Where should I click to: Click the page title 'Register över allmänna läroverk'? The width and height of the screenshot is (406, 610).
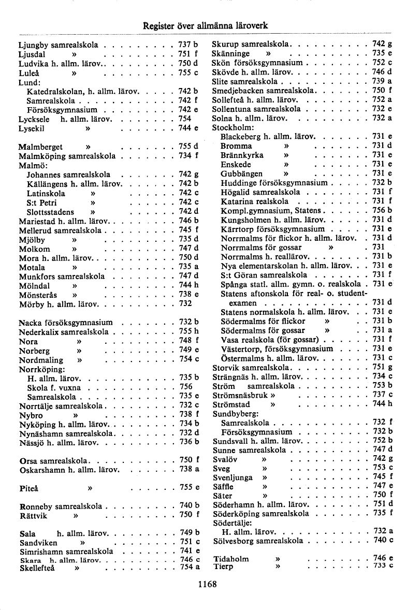tap(205, 25)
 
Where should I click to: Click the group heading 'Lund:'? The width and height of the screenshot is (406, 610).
tap(29, 82)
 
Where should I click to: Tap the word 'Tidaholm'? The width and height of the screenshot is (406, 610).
tap(231, 559)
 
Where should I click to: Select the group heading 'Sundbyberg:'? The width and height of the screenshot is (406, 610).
tap(236, 414)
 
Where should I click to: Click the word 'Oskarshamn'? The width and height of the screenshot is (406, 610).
tap(42, 469)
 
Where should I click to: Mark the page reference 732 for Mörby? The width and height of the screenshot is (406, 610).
tap(186, 303)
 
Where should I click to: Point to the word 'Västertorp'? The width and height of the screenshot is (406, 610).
tap(241, 348)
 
